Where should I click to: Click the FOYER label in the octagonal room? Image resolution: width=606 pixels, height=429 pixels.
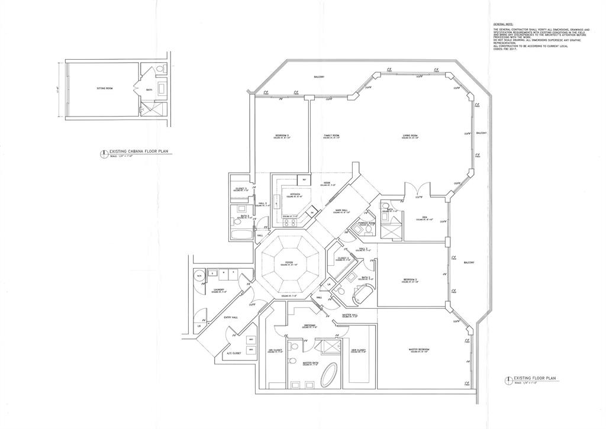[288, 263]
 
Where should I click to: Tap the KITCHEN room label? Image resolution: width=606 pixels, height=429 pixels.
[295, 194]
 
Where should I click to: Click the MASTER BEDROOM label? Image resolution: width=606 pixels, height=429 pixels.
[419, 349]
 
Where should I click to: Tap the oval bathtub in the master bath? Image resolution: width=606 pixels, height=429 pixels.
[329, 375]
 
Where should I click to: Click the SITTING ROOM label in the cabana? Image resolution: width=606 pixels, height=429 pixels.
[105, 88]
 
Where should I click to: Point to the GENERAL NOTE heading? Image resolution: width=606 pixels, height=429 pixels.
[502, 24]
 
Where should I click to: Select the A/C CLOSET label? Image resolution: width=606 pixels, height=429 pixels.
[234, 353]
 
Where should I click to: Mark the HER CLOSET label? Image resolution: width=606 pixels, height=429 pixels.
[357, 350]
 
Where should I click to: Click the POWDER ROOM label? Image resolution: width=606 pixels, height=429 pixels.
[367, 223]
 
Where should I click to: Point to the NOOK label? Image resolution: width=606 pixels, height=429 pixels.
[326, 182]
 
